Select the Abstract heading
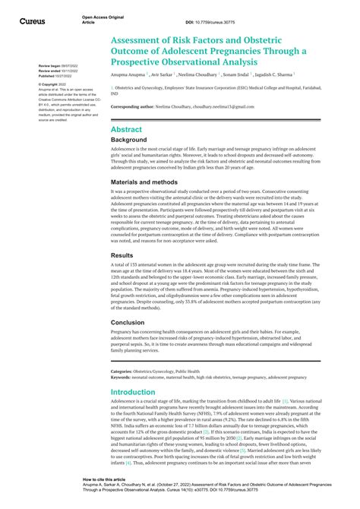[x=126, y=129]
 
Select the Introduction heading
[x=133, y=392]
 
